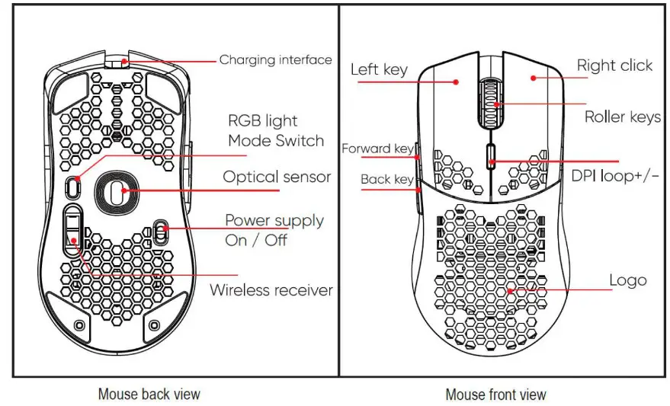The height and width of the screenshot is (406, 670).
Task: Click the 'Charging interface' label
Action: pos(275,59)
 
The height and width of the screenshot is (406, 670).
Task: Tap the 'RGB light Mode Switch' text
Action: pos(275,131)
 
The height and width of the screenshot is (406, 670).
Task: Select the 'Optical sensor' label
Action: pos(277,177)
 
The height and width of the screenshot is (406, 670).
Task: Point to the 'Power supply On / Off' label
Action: pos(274,229)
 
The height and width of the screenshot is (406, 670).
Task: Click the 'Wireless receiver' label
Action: pos(271,290)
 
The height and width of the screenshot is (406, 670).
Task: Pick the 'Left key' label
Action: pos(379,69)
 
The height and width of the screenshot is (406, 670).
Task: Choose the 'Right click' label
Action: pos(614,66)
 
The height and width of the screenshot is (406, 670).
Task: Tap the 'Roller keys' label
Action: pos(622,117)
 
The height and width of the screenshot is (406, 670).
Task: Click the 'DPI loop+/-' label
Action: pos(615,176)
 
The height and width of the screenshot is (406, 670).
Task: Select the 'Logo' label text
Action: pos(627,280)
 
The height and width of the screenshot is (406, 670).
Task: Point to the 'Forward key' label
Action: pos(377,149)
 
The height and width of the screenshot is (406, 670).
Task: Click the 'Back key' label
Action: pos(386,180)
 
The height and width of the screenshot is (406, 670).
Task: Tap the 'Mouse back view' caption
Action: pos(149,394)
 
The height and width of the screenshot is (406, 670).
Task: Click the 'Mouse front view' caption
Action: pos(495,394)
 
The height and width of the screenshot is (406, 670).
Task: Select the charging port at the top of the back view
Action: pos(116,63)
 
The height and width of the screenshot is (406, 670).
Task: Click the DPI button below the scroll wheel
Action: pos(490,156)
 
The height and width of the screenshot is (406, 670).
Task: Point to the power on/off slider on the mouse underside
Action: pos(161,232)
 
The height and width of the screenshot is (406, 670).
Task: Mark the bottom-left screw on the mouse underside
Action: pos(79,325)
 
